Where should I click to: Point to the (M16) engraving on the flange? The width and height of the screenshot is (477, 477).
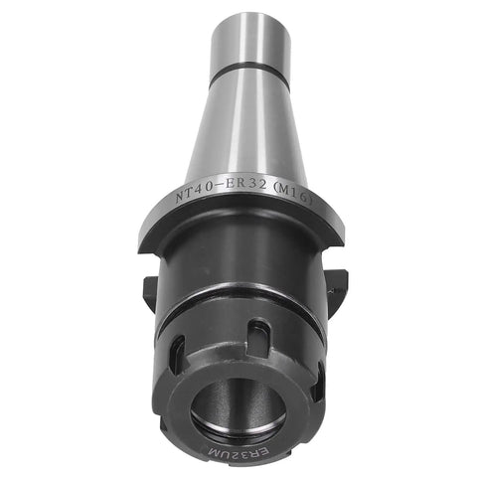click(293, 195)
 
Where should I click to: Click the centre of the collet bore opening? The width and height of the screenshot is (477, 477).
click(238, 407)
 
